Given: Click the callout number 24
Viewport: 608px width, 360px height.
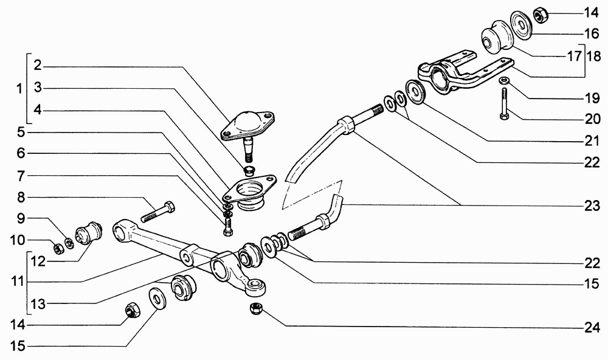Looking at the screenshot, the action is coord(592,328).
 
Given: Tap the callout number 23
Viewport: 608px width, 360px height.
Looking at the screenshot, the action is coord(592,206).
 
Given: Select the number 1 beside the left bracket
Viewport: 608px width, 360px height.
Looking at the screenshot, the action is coord(19,89).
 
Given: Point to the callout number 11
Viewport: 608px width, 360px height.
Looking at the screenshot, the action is coord(18,281).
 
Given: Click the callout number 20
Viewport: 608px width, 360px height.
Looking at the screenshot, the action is coord(592,119).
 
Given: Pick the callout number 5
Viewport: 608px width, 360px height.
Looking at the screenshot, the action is coord(21,133).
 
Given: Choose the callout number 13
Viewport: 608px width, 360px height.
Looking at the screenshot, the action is coord(38,304).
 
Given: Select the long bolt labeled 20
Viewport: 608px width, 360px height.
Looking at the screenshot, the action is coord(503,103).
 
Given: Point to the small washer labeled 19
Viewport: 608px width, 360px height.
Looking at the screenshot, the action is coord(504,81).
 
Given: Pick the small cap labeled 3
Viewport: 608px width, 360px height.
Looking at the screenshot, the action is coord(248,170).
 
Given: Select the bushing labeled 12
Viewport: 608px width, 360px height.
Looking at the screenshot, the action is coord(88,232).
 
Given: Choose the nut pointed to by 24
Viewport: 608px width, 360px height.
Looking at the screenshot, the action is coord(255,309).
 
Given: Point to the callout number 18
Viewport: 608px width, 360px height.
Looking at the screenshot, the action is coord(593,56).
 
